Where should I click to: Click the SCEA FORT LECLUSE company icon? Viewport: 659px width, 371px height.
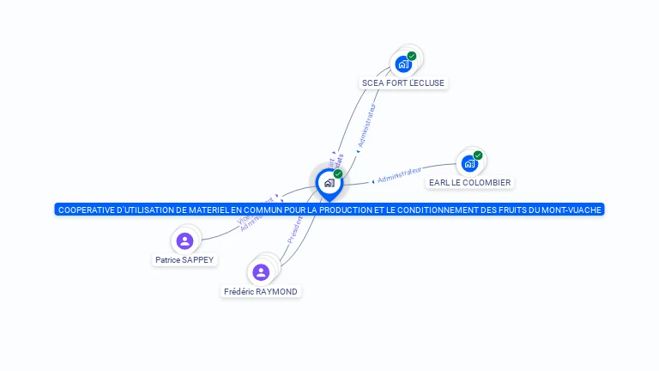tap(402, 64)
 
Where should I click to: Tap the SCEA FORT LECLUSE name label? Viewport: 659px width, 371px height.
tap(403, 83)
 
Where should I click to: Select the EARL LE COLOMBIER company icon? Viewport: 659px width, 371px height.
tap(469, 163)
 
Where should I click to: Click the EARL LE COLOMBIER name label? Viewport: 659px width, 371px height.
tap(469, 183)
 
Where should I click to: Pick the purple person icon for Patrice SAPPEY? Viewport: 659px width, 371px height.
tap(184, 240)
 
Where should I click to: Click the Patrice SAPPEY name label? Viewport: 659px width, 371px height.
tap(184, 259)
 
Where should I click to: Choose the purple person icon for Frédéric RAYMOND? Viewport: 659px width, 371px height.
tap(261, 272)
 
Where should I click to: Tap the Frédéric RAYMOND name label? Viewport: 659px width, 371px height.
tap(261, 292)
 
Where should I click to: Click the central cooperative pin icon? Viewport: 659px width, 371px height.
tap(329, 183)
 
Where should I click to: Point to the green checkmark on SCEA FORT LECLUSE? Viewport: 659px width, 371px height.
tap(412, 56)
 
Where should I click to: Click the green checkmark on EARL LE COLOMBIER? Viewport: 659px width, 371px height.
tap(478, 155)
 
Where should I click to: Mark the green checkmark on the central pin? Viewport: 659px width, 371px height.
tap(338, 173)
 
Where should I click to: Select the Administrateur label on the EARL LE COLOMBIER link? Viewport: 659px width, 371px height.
tap(399, 175)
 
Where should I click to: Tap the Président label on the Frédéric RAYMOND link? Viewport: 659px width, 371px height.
tap(295, 229)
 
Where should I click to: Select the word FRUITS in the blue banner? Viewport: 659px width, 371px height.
tap(499, 210)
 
